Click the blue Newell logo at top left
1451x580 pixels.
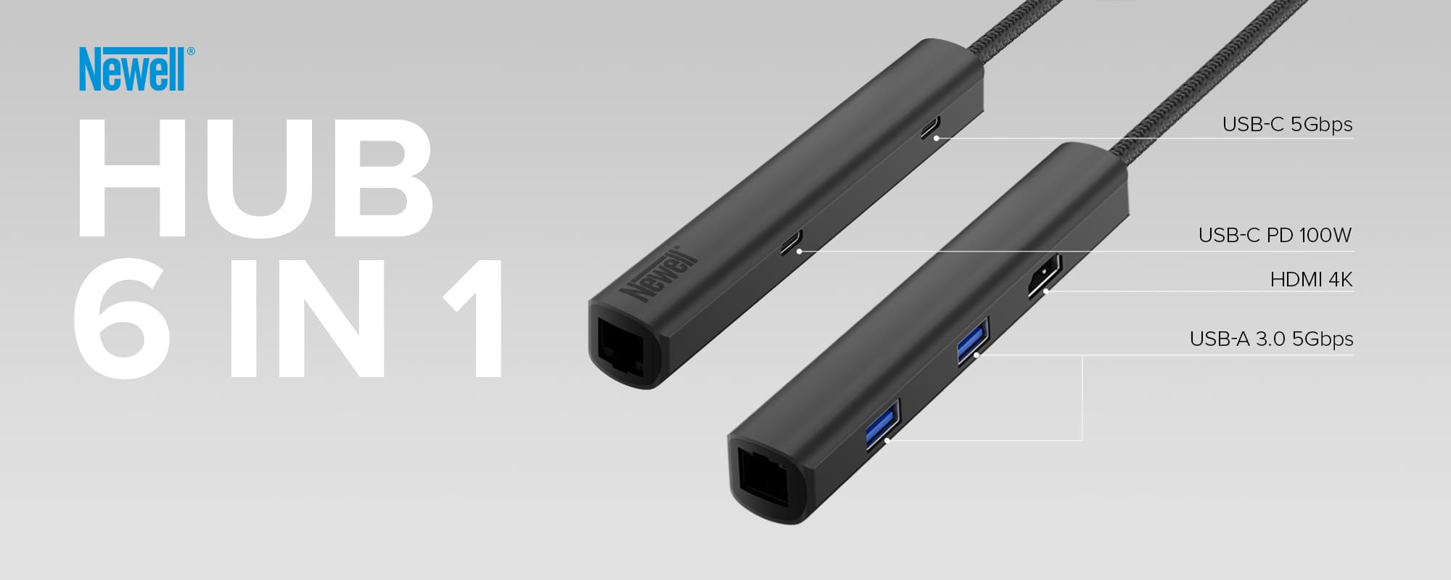click(133, 70)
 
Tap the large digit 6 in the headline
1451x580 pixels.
click(122, 318)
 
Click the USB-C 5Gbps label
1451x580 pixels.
click(1287, 124)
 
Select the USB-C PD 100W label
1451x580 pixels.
click(1275, 235)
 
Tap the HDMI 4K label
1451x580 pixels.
click(1311, 279)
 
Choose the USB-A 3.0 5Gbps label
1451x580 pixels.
click(1271, 339)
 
